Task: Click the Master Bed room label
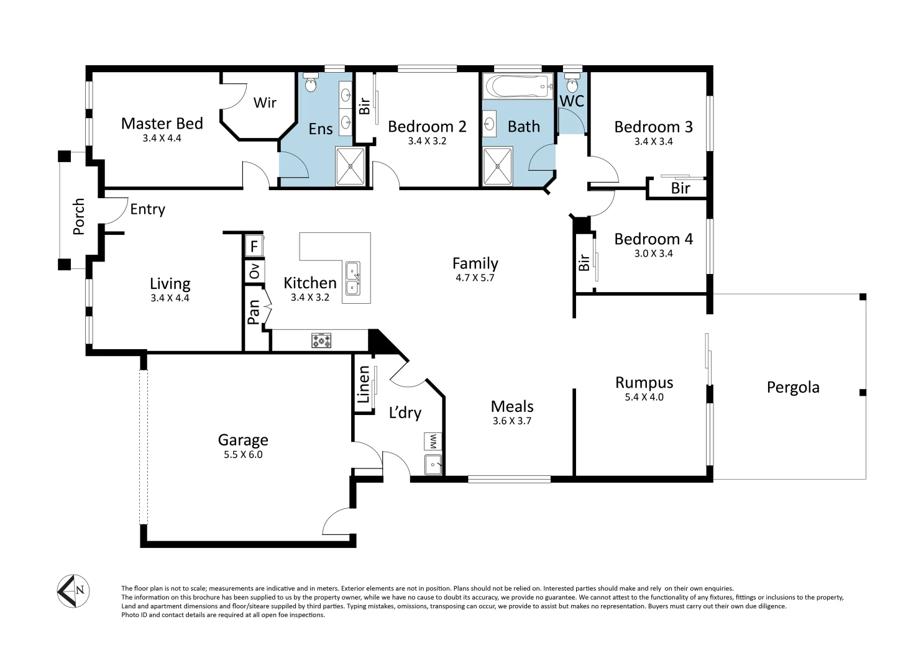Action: pos(162,124)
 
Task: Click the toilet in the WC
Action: pos(572,83)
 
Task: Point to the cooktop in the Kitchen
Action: pos(321,340)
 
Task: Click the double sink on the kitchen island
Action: pos(353,278)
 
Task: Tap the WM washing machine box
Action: pos(433,442)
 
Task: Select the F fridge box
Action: pos(254,246)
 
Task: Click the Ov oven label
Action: pos(254,271)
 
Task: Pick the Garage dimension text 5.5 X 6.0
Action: pos(243,455)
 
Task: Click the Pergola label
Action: pos(792,388)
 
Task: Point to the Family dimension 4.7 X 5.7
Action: pos(475,278)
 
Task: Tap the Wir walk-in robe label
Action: pos(265,103)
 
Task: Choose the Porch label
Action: pos(79,217)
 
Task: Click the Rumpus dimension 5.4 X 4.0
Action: pos(644,398)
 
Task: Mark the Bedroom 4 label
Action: pos(653,239)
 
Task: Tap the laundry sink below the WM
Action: pos(433,463)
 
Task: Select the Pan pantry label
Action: pos(254,312)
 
